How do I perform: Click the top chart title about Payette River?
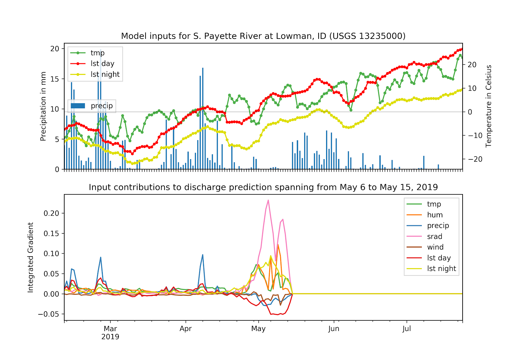click(263, 36)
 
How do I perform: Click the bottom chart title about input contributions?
click(263, 187)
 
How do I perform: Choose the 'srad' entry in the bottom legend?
click(434, 237)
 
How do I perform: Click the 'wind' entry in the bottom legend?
click(435, 247)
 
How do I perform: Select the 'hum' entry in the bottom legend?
click(435, 215)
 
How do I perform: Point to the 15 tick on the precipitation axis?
click(55, 79)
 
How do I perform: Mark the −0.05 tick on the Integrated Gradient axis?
click(49, 314)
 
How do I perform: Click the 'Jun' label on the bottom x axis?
click(334, 329)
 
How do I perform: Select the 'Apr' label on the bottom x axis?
click(186, 329)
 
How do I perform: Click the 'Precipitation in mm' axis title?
click(43, 106)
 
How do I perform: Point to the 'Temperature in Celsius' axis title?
click(489, 106)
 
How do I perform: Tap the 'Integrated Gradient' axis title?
click(31, 257)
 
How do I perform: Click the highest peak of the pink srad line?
click(268, 201)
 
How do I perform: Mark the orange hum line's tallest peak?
click(278, 245)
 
